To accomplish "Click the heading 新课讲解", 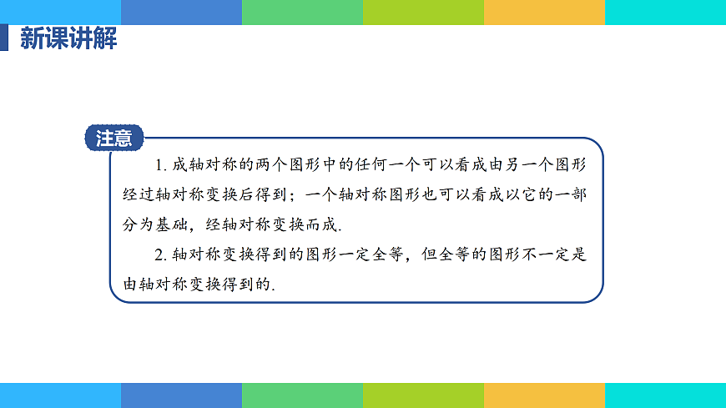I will pos(68,39).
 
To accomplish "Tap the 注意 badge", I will pos(114,139).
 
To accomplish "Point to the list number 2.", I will pos(159,255).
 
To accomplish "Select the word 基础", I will pos(169,224).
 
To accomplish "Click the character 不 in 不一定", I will pos(527,254).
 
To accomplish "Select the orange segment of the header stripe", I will pos(544,12).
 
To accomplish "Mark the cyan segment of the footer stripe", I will pos(665,395).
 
